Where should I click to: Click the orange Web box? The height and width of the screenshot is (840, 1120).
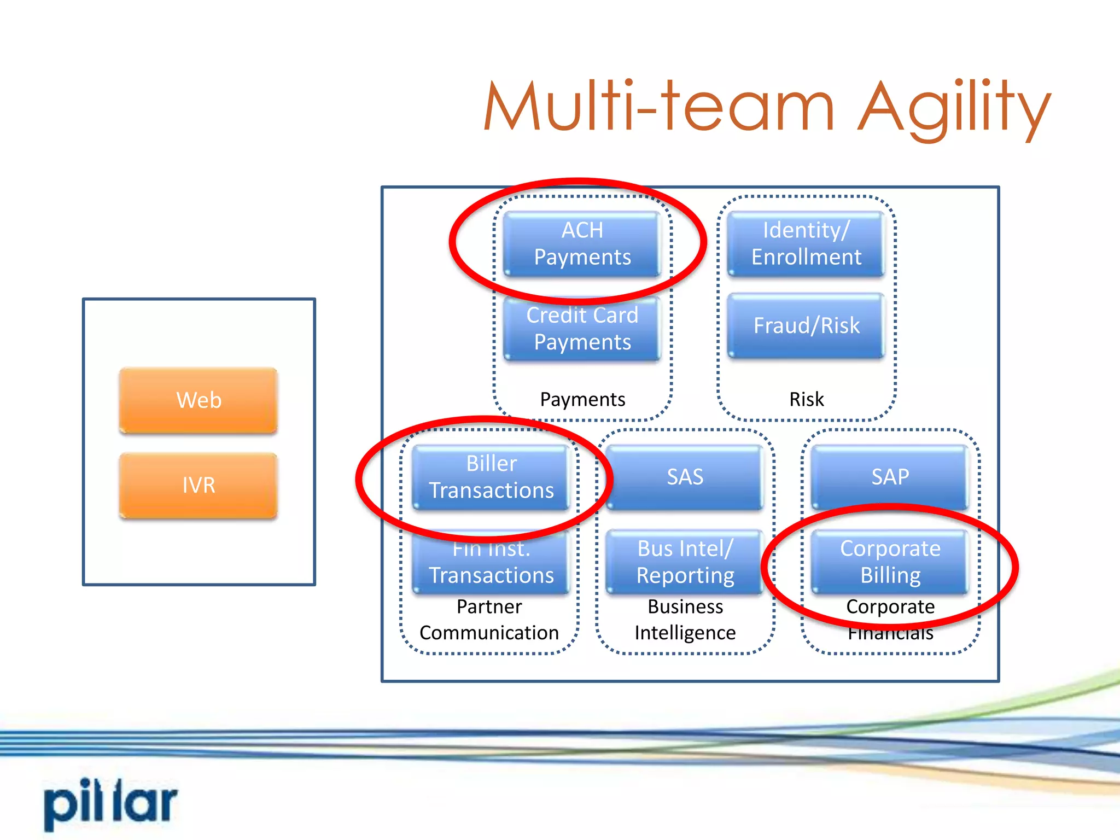coord(199,400)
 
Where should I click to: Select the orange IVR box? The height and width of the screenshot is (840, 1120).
coord(199,485)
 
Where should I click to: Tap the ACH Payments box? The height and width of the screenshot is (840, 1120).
coord(582,244)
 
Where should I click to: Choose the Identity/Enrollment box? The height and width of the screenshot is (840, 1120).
coord(806,244)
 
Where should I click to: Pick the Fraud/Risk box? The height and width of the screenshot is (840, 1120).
coord(806,326)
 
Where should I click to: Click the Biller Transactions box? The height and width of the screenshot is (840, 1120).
coord(491,477)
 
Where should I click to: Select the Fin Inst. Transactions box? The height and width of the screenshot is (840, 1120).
coord(491,563)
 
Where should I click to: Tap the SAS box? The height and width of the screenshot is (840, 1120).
coord(685,477)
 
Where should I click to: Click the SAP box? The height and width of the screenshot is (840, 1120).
coord(890,477)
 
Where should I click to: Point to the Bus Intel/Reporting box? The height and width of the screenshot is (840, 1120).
coord(685,562)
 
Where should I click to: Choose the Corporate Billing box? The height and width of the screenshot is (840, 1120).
coord(890,562)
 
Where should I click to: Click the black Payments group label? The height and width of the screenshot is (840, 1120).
coord(582,400)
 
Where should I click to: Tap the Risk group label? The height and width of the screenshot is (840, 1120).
coord(806,399)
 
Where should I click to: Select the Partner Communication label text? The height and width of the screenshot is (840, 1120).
coord(489,620)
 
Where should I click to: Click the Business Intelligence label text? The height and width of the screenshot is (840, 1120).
coord(685,620)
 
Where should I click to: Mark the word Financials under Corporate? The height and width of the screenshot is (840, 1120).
coord(890,634)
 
